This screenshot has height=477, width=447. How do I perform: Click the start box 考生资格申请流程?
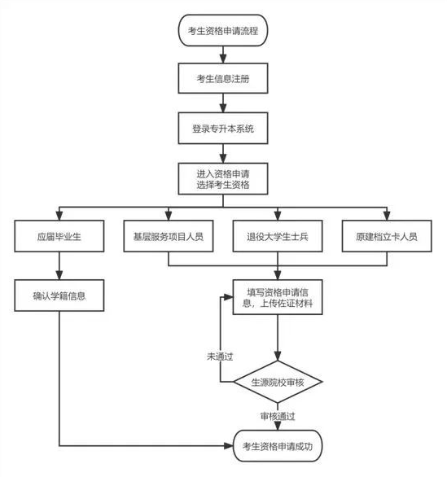(222, 30)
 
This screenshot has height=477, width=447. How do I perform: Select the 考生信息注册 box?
(222, 79)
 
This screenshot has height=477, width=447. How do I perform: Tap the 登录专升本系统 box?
(222, 128)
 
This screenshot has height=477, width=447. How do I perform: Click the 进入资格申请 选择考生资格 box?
(222, 178)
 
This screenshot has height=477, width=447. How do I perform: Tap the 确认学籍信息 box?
(59, 296)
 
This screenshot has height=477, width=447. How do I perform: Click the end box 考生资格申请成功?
(278, 445)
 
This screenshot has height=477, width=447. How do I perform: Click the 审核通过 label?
(278, 415)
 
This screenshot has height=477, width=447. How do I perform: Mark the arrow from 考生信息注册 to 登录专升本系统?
(222, 103)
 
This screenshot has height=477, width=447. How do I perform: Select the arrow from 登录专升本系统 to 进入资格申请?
(222, 152)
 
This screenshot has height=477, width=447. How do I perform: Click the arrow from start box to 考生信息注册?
(222, 54)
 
